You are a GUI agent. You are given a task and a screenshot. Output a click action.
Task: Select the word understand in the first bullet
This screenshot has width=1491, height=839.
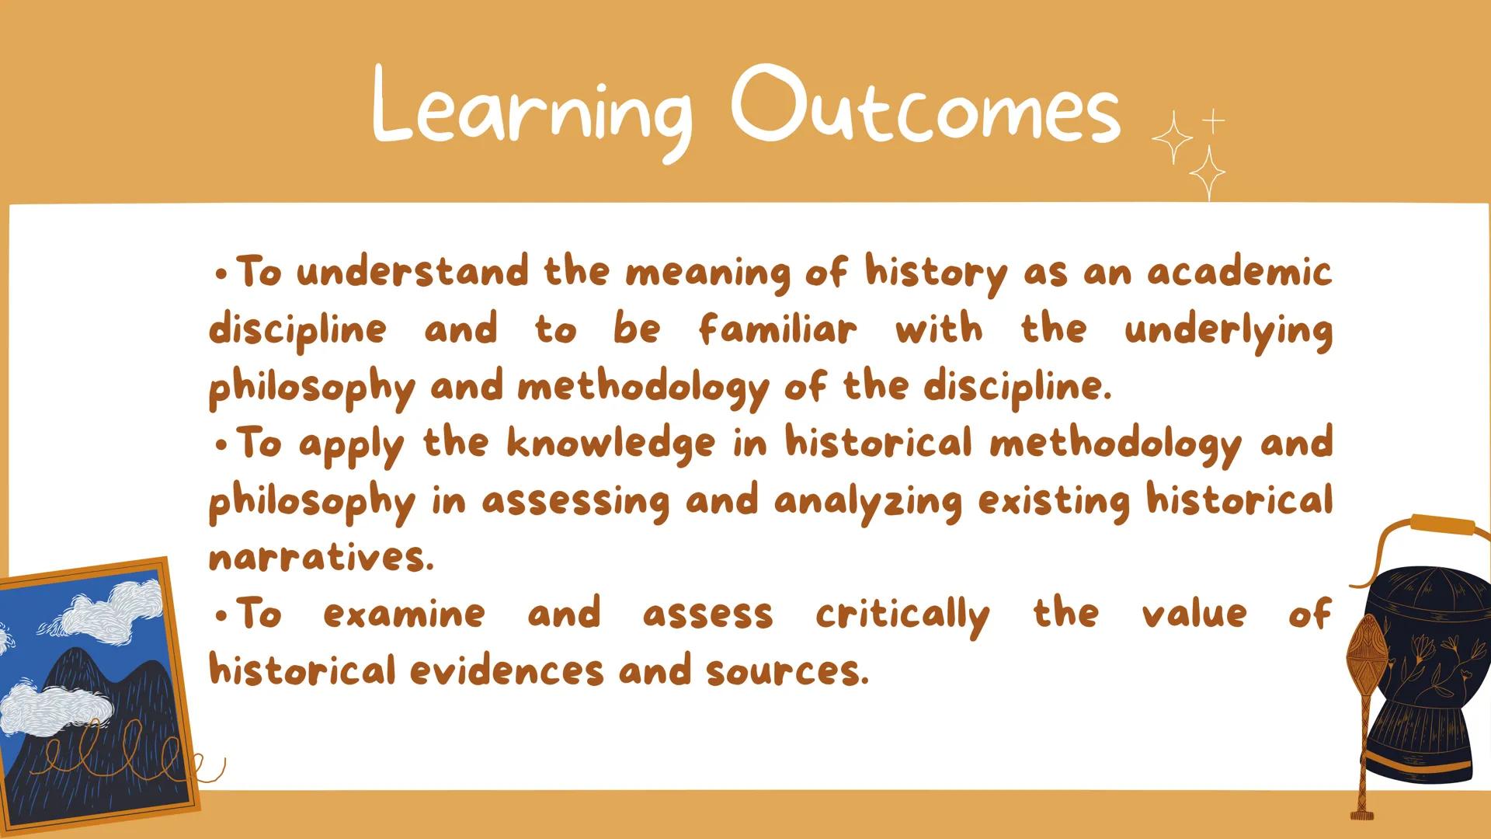tap(412, 273)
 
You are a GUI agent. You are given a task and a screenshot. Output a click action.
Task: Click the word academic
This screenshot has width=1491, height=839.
tap(1239, 272)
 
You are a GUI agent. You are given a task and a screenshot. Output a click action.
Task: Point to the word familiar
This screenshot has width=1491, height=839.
tap(777, 329)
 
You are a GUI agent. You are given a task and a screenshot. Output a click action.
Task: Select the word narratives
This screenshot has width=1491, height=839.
tap(321, 557)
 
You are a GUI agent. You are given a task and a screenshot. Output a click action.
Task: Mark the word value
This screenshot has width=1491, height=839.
tap(1194, 614)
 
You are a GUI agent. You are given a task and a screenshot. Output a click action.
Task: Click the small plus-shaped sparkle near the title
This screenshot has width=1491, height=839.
tap(1213, 120)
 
